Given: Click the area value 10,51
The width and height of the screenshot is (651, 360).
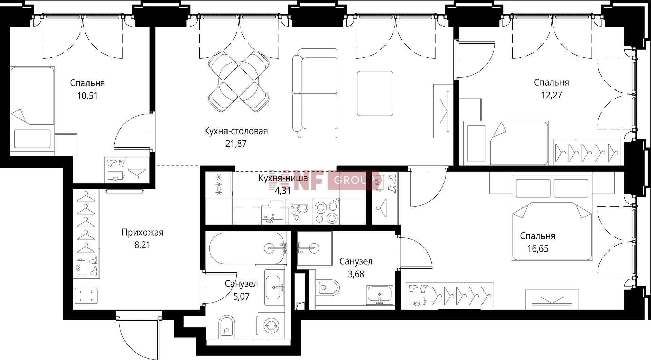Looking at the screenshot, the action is click(x=87, y=96).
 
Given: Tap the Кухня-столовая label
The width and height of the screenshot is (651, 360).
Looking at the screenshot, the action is click(x=236, y=131).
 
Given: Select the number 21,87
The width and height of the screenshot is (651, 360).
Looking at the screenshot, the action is click(x=236, y=144).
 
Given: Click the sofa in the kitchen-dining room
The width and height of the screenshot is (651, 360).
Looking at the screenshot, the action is click(x=315, y=93).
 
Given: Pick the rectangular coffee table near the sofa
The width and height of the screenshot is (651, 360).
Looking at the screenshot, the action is click(x=375, y=93).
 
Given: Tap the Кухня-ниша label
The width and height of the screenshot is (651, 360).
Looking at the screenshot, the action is click(x=283, y=178).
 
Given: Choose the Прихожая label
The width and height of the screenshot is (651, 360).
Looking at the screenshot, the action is click(x=142, y=232).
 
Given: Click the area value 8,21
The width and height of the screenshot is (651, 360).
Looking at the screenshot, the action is click(x=142, y=245).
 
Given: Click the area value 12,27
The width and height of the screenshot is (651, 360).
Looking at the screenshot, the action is click(x=551, y=95).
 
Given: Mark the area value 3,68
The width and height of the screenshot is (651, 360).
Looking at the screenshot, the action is click(x=356, y=274).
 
